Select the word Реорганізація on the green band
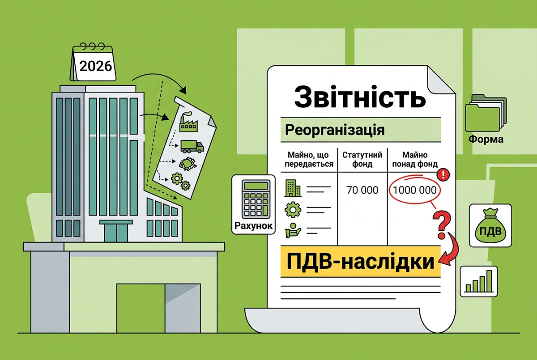335,130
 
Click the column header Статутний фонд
362,160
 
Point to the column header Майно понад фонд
415,160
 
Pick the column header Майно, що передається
309,160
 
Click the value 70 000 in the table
362,190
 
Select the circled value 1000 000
414,190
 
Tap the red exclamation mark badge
443,174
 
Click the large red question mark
442,224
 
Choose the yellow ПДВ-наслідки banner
361,262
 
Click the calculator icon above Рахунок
256,199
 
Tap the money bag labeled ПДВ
490,225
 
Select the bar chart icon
479,281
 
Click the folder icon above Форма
486,113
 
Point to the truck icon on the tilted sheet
192,147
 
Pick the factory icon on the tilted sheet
189,122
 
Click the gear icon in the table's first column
293,210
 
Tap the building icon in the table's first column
293,188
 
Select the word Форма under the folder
486,139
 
